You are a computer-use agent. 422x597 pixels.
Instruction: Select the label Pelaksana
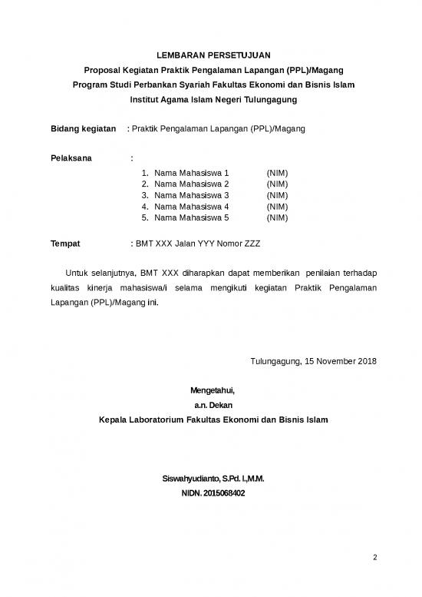point(71,158)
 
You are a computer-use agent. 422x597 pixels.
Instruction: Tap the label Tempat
point(65,244)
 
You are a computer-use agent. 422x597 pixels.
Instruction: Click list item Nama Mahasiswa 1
point(192,174)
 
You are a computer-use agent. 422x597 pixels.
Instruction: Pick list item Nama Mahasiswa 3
point(192,195)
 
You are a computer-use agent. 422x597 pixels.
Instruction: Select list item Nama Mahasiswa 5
point(192,217)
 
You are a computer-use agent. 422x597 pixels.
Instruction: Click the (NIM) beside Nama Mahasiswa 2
point(277,184)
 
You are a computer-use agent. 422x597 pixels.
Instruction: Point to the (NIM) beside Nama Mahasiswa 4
point(277,207)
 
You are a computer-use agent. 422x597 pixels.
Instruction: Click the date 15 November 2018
point(340,361)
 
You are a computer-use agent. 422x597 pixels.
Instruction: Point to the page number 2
point(374,557)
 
